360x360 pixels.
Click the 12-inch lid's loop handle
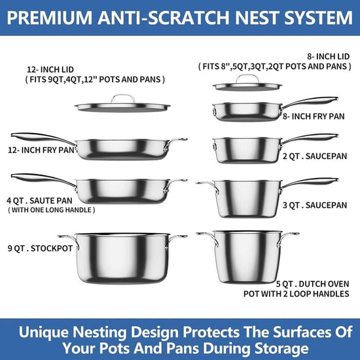click(123, 96)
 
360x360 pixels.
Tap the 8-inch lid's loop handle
click(247, 76)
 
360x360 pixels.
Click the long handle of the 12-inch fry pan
click(41, 137)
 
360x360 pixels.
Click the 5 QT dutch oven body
click(248, 257)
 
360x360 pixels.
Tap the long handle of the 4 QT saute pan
click(41, 178)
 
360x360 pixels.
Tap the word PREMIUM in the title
click(49, 18)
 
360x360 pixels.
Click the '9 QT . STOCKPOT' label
click(40, 249)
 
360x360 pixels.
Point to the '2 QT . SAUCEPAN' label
click(315, 156)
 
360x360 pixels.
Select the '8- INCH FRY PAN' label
click(314, 117)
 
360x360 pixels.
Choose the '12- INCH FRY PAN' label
click(41, 150)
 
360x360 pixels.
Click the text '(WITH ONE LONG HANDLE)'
click(52, 210)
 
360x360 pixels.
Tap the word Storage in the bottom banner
click(281, 348)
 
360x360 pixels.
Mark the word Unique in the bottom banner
click(44, 333)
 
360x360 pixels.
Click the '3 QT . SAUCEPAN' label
click(315, 206)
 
